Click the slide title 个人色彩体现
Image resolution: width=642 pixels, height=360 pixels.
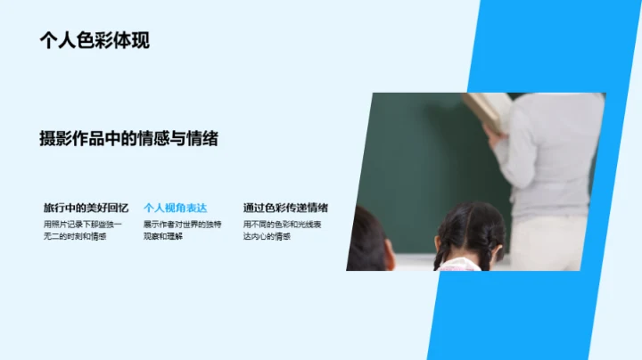[95, 39]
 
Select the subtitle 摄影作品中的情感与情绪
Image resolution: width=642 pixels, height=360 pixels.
[129, 138]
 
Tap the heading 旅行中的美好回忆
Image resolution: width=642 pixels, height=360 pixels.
[86, 208]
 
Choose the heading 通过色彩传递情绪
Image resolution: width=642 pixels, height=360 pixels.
[284, 208]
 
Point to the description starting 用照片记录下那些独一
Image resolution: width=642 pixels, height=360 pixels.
[84, 224]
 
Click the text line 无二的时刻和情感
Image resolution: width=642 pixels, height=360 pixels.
[75, 236]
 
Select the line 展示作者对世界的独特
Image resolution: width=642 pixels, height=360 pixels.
[183, 224]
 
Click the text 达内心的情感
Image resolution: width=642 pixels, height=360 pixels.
[267, 236]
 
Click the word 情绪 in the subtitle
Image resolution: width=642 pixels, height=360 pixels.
[204, 138]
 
